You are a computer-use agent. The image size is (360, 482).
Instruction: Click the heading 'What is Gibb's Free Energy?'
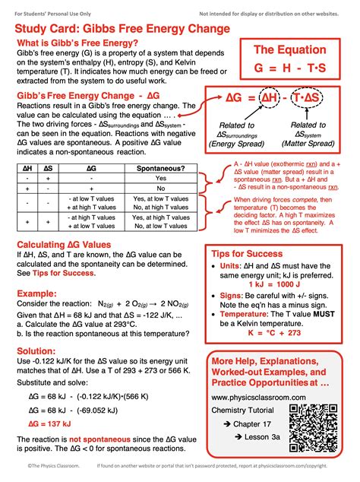(x=77, y=43)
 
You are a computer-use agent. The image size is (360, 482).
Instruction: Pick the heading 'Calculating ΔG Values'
(x=74, y=244)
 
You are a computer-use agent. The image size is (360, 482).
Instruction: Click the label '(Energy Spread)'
(x=237, y=141)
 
